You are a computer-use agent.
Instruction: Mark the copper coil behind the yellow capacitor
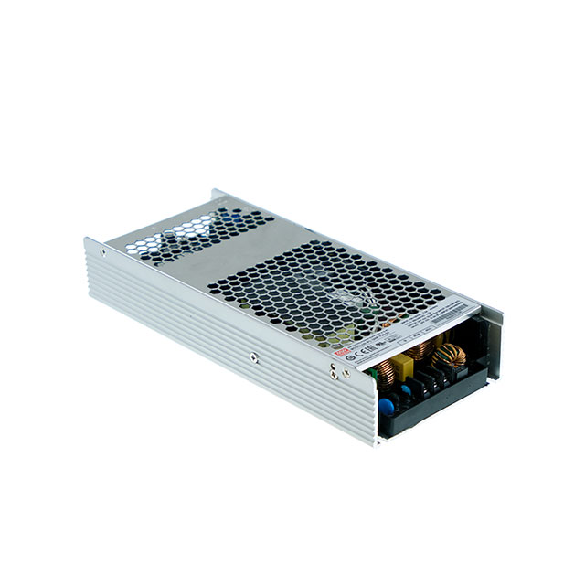[420, 349]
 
